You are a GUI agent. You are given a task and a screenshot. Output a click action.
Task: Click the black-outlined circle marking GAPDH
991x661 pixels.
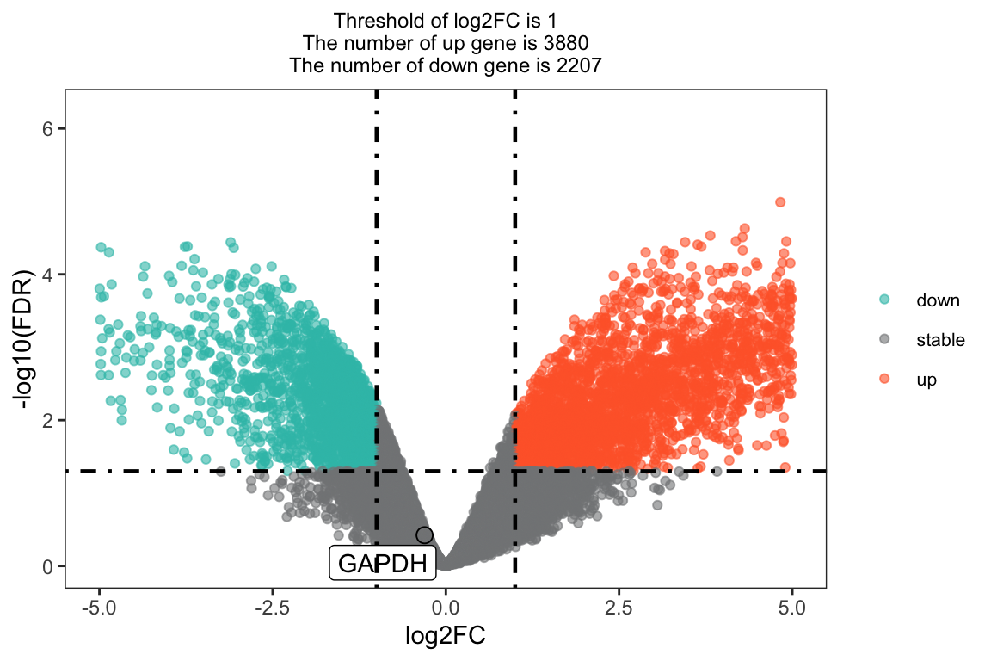point(424,534)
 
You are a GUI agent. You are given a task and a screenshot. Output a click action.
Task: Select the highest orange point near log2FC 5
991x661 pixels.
point(780,202)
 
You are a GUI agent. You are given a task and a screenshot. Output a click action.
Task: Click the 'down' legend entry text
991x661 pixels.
point(938,300)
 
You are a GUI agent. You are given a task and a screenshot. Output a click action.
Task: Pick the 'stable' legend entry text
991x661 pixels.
point(940,340)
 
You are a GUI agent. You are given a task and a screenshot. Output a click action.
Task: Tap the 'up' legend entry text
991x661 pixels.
point(926,380)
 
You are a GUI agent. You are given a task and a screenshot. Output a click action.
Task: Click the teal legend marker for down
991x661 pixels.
point(886,300)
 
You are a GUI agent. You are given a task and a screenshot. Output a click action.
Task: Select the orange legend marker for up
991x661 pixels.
point(886,379)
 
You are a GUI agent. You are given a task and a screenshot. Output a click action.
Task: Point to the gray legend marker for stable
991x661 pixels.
point(886,339)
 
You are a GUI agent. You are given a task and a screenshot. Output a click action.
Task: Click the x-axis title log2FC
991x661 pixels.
point(446,636)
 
